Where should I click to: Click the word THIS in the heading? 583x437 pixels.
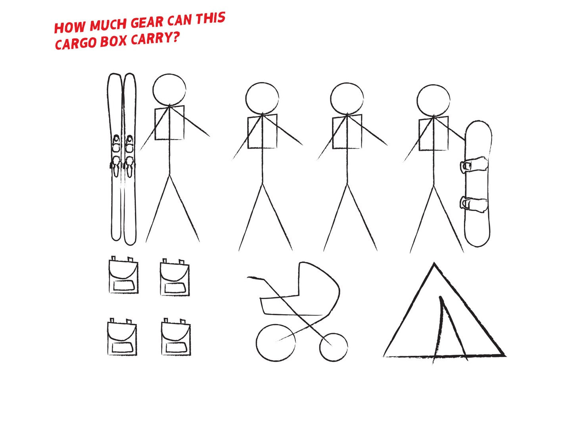[211, 18]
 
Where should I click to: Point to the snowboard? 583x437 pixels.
[478, 183]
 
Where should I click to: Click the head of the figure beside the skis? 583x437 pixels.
[169, 90]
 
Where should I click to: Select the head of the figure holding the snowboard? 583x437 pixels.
[433, 100]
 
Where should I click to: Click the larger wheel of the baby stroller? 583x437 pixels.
[276, 343]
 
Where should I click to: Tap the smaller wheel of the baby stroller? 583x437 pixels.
[334, 347]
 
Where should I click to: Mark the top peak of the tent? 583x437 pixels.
[434, 263]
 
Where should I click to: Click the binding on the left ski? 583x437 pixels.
[116, 156]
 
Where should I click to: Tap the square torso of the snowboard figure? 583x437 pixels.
[433, 134]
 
